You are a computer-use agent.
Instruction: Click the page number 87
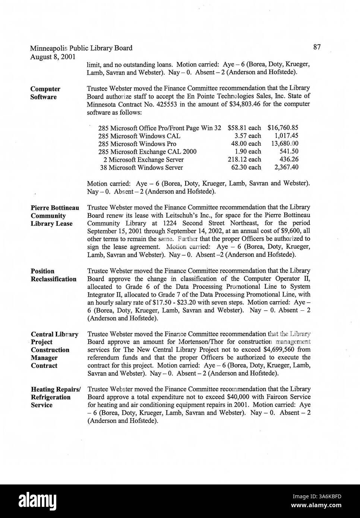tap(317, 47)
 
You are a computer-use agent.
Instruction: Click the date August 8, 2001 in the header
tap(52, 57)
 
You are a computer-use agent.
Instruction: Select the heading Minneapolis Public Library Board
tap(81, 48)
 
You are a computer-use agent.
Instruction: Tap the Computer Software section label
tap(45, 93)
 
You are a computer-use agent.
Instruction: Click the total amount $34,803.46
tap(244, 104)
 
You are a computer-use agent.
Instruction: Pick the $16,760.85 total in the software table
tap(282, 128)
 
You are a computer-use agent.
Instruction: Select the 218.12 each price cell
tap(244, 159)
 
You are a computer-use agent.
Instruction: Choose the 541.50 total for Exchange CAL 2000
tap(289, 152)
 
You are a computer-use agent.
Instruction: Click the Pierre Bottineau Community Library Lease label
tap(54, 215)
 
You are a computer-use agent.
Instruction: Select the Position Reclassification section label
tap(53, 275)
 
